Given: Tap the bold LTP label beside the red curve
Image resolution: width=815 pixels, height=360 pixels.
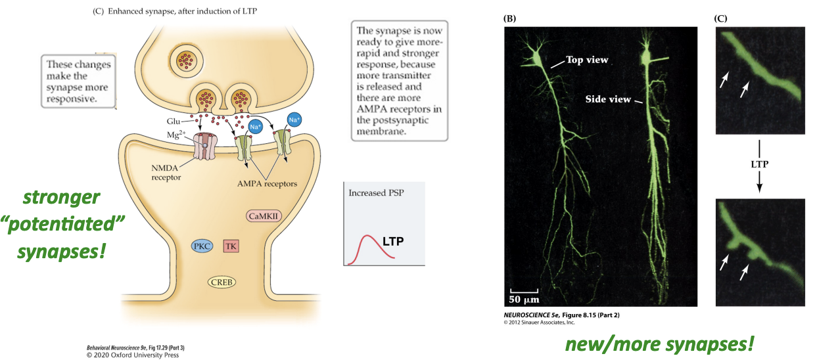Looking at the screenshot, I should pyautogui.click(x=392, y=241).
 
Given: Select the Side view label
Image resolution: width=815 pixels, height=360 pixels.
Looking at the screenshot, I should pyautogui.click(x=607, y=99).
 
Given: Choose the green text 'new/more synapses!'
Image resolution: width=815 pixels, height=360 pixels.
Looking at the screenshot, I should pyautogui.click(x=659, y=343).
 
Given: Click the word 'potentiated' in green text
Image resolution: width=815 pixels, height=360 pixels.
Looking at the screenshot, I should pyautogui.click(x=63, y=225).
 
